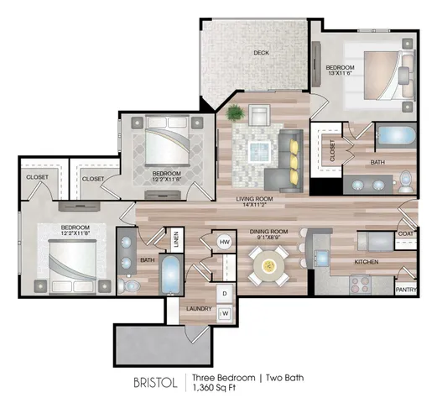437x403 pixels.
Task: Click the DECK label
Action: click(x=261, y=53)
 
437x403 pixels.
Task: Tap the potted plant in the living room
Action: click(x=236, y=113)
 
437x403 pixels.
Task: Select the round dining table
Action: click(x=268, y=265)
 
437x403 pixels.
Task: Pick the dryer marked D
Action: click(x=225, y=293)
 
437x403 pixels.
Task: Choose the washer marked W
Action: click(x=225, y=313)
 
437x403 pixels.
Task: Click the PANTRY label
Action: click(x=406, y=290)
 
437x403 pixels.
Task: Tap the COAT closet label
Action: click(x=406, y=233)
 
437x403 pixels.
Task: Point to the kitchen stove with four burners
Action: click(x=360, y=285)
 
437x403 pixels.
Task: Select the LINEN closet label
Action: click(x=176, y=239)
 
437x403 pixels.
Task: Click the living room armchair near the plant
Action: click(x=259, y=115)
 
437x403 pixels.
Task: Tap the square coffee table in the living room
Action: click(x=259, y=151)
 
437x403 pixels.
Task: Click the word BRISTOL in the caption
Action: click(x=155, y=383)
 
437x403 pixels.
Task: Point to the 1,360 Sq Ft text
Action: click(x=214, y=388)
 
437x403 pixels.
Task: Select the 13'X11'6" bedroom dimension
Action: click(x=340, y=73)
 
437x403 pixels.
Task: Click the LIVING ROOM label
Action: click(x=254, y=199)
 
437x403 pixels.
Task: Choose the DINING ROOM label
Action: click(x=268, y=232)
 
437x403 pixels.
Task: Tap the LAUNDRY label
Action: click(x=199, y=309)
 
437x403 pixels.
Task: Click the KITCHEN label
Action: click(x=367, y=262)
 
